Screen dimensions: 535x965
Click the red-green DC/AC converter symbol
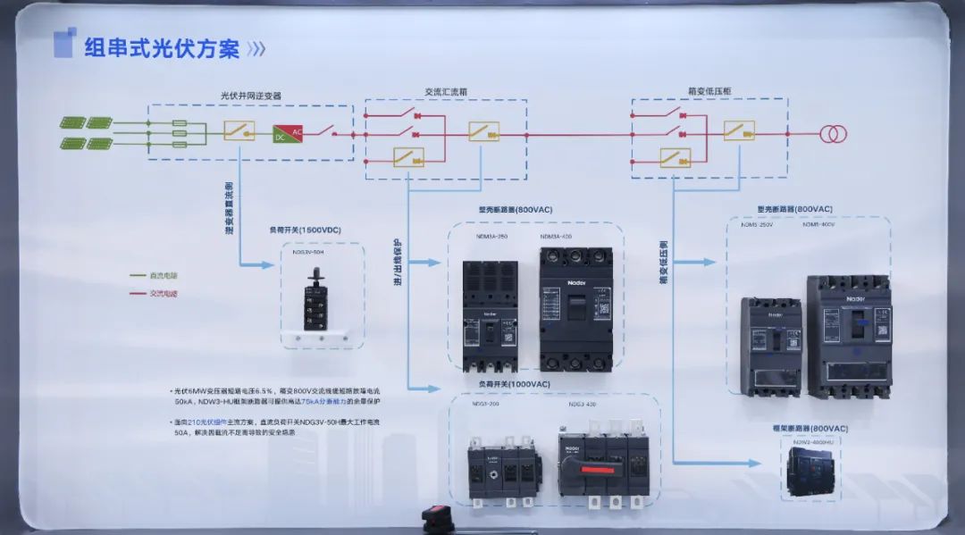click(289, 133)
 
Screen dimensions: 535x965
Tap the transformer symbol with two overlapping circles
click(835, 134)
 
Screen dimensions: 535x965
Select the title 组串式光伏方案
click(162, 48)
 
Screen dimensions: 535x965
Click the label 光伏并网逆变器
click(251, 96)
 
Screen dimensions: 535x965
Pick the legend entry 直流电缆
click(163, 276)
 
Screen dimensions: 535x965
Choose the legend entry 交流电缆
click(163, 293)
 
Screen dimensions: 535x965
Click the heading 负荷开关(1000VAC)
click(513, 384)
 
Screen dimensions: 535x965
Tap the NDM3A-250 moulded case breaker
click(490, 315)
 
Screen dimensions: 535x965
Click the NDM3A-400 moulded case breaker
click(575, 308)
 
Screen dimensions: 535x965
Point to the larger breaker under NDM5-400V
click(848, 337)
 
